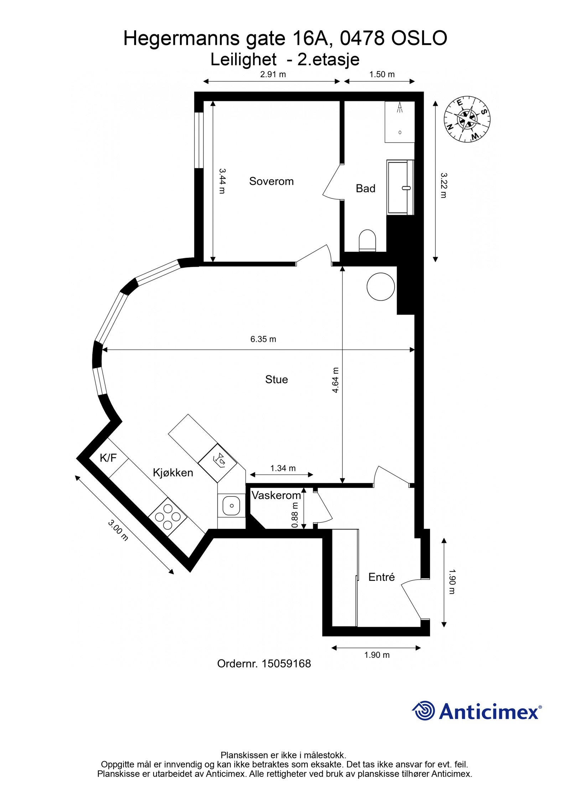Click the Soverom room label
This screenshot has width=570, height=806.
(x=271, y=181)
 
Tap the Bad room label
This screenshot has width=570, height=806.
(x=366, y=188)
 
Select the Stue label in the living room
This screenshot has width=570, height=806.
(x=276, y=379)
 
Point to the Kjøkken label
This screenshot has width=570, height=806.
(x=173, y=473)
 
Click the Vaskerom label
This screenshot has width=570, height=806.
(x=276, y=495)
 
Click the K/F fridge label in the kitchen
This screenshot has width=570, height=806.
(x=108, y=458)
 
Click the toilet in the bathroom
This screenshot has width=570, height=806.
(x=368, y=240)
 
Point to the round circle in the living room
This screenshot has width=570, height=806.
(x=381, y=286)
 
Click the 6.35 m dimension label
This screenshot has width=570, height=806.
(x=263, y=339)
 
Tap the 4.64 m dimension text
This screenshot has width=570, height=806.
(x=335, y=380)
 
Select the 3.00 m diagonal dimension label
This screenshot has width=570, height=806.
(x=118, y=530)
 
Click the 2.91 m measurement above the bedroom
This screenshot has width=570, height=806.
(x=273, y=74)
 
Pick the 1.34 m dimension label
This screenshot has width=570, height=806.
(x=283, y=468)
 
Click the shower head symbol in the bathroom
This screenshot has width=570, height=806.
(x=400, y=107)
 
